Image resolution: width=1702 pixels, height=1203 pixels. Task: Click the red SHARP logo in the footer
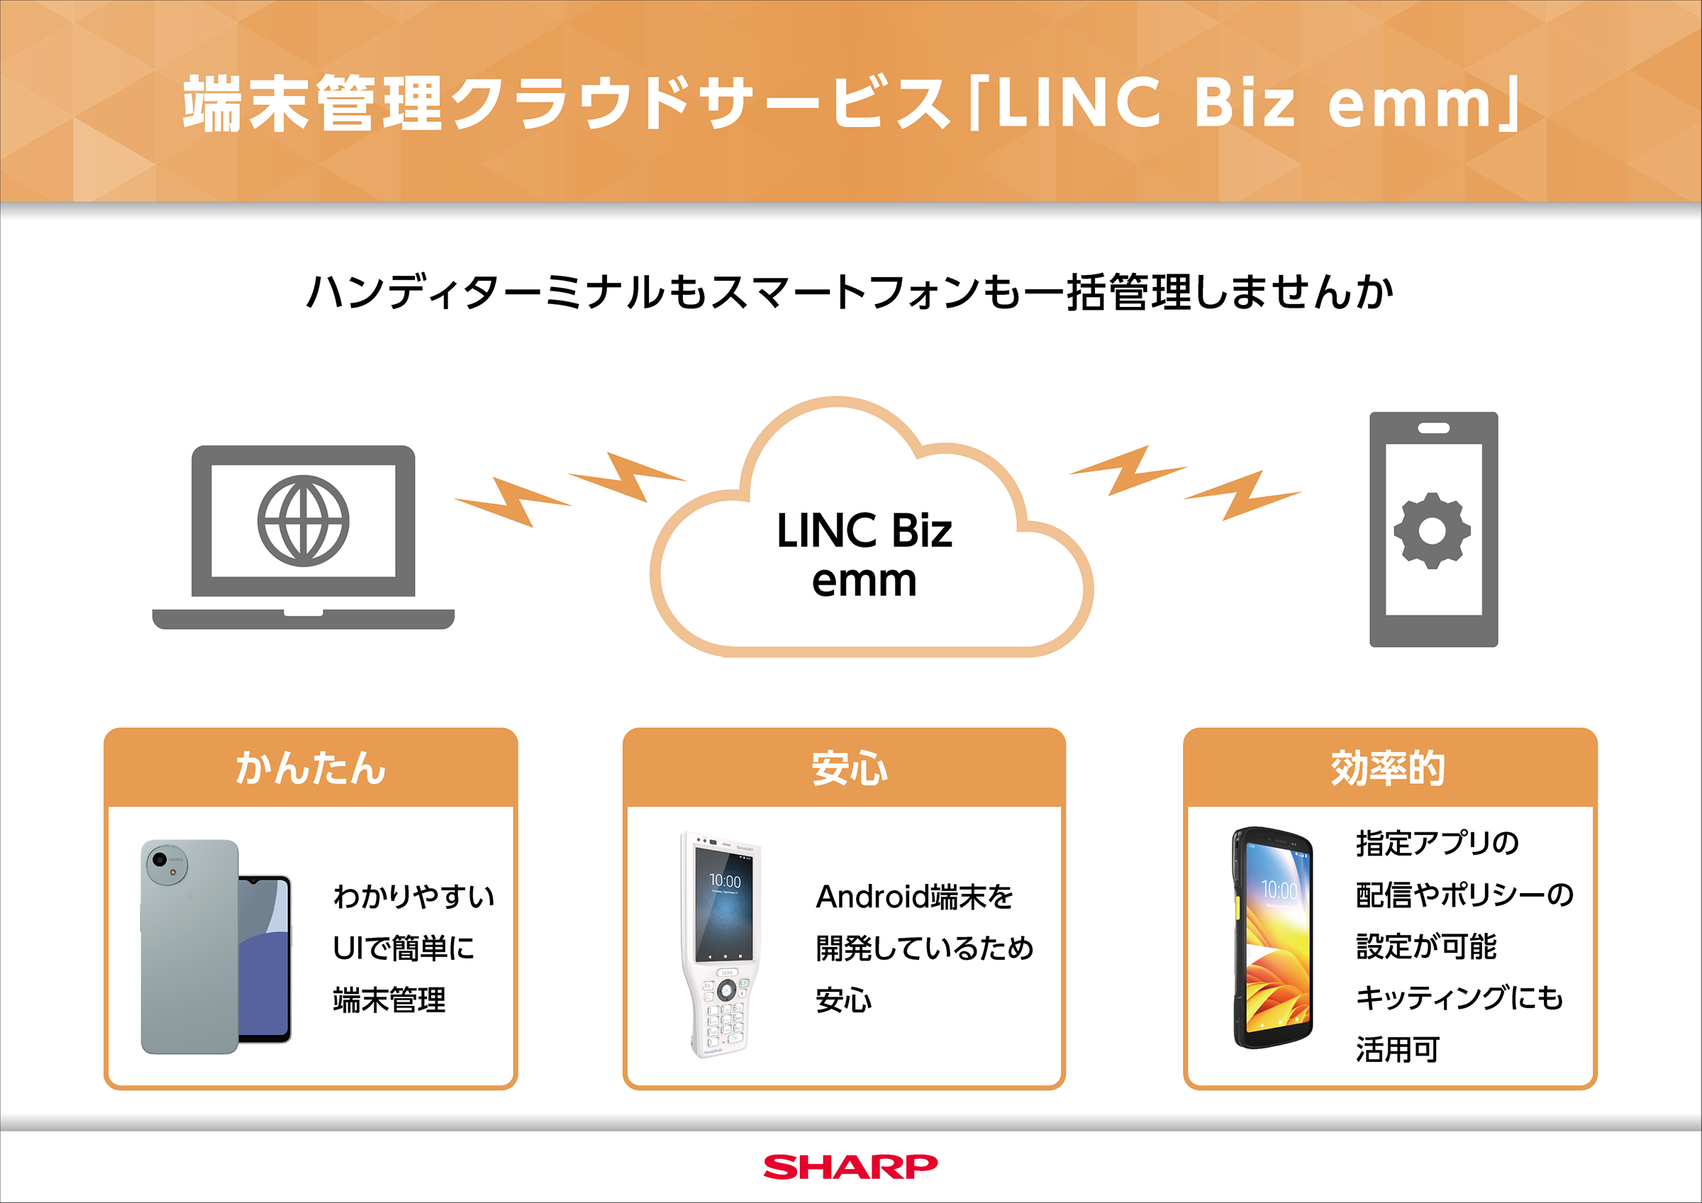pos(850,1167)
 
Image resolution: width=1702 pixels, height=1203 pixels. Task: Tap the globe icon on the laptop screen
pos(304,520)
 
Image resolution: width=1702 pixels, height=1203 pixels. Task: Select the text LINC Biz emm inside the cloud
pos(864,554)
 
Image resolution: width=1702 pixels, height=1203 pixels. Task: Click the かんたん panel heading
pos(311,768)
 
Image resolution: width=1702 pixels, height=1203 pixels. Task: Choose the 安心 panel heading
pos(850,768)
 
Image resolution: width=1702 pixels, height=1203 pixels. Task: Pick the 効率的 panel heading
pos(1388,768)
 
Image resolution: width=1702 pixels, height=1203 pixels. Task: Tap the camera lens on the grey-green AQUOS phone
pos(158,861)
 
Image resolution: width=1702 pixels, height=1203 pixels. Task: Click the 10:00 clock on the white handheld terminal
pos(724,880)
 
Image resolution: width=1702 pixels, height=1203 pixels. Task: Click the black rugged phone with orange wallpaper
pos(1272,938)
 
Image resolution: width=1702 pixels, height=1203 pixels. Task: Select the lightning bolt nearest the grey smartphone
pos(1242,494)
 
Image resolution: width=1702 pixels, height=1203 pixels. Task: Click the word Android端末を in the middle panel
pos(914,897)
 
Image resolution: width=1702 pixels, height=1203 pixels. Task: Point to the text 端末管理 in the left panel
pos(389,1000)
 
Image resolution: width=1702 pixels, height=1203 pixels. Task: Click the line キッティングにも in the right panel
pos(1459,997)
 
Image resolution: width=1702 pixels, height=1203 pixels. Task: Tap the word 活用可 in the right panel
pos(1397,1050)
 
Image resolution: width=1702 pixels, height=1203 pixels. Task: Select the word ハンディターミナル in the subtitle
pos(485,292)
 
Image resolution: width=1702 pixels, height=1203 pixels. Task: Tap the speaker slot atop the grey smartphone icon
pos(1434,428)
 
